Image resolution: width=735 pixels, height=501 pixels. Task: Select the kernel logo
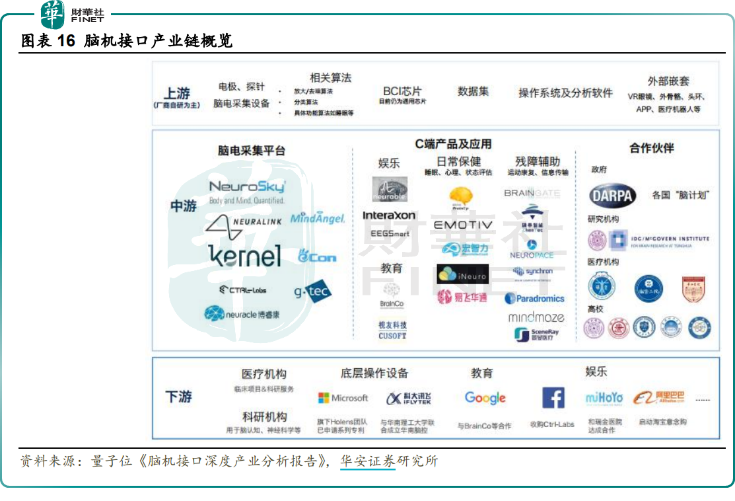click(x=244, y=256)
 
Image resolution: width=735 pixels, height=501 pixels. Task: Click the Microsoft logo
click(x=343, y=398)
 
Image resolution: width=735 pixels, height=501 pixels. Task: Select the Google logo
click(x=485, y=398)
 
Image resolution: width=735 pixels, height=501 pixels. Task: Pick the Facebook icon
click(x=553, y=398)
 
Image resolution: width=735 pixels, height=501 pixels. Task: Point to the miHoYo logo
click(x=604, y=398)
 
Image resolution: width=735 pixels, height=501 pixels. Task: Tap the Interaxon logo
click(x=389, y=215)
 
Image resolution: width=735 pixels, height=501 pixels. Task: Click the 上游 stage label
click(x=177, y=94)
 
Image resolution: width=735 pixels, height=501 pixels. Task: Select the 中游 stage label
click(x=184, y=206)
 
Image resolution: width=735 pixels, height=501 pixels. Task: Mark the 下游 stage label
click(x=178, y=397)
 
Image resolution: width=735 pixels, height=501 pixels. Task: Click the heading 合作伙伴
click(x=652, y=148)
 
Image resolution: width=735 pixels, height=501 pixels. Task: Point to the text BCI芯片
click(x=402, y=91)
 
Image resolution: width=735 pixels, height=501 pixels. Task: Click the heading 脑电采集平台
click(x=252, y=151)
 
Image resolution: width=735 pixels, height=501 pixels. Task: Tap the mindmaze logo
click(x=536, y=317)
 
